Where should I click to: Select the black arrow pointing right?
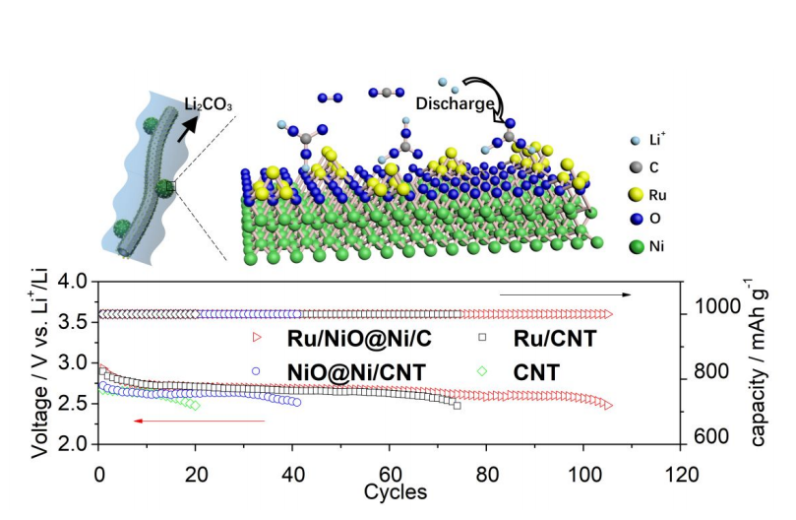pyautogui.click(x=565, y=293)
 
